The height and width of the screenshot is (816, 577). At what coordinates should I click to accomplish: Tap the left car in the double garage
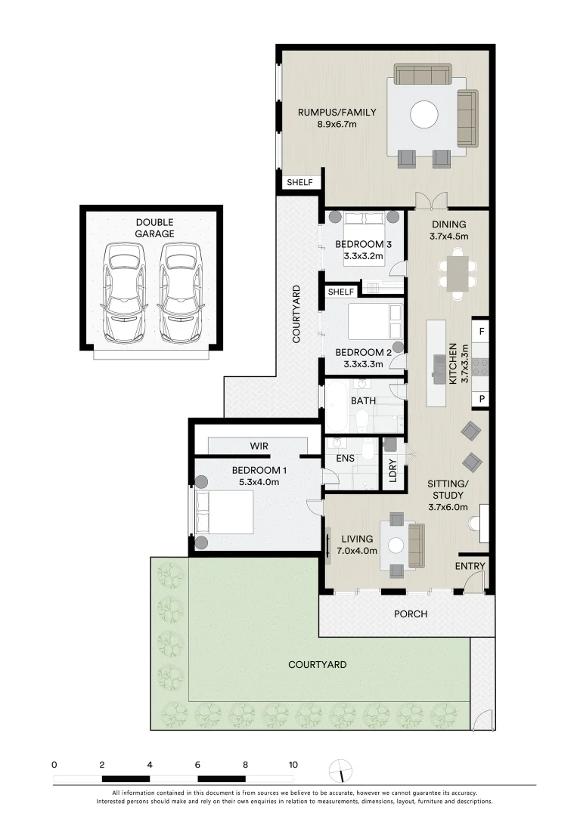click(124, 292)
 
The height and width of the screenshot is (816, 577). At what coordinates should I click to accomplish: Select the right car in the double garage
click(180, 292)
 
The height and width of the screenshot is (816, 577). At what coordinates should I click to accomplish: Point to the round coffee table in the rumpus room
click(423, 116)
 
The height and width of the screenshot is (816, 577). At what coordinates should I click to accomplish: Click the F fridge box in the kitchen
click(481, 331)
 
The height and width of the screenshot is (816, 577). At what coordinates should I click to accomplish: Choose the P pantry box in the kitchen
click(481, 399)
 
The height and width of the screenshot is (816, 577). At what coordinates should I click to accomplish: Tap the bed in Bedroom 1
click(224, 512)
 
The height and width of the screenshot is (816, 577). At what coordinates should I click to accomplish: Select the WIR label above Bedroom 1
click(259, 447)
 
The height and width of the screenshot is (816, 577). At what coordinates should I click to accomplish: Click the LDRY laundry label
click(392, 471)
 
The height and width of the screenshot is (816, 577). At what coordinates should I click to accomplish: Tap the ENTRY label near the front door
click(470, 566)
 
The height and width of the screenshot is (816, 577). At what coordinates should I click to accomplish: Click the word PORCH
click(411, 614)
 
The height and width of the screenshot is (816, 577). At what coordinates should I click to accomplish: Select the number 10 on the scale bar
click(293, 764)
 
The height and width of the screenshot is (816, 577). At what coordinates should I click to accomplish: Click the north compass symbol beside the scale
click(342, 769)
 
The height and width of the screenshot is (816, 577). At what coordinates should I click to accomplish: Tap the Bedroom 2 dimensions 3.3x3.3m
click(359, 364)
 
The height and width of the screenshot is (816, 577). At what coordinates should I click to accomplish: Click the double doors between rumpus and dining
click(431, 201)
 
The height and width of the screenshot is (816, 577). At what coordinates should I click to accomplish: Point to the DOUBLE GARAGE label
click(154, 227)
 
